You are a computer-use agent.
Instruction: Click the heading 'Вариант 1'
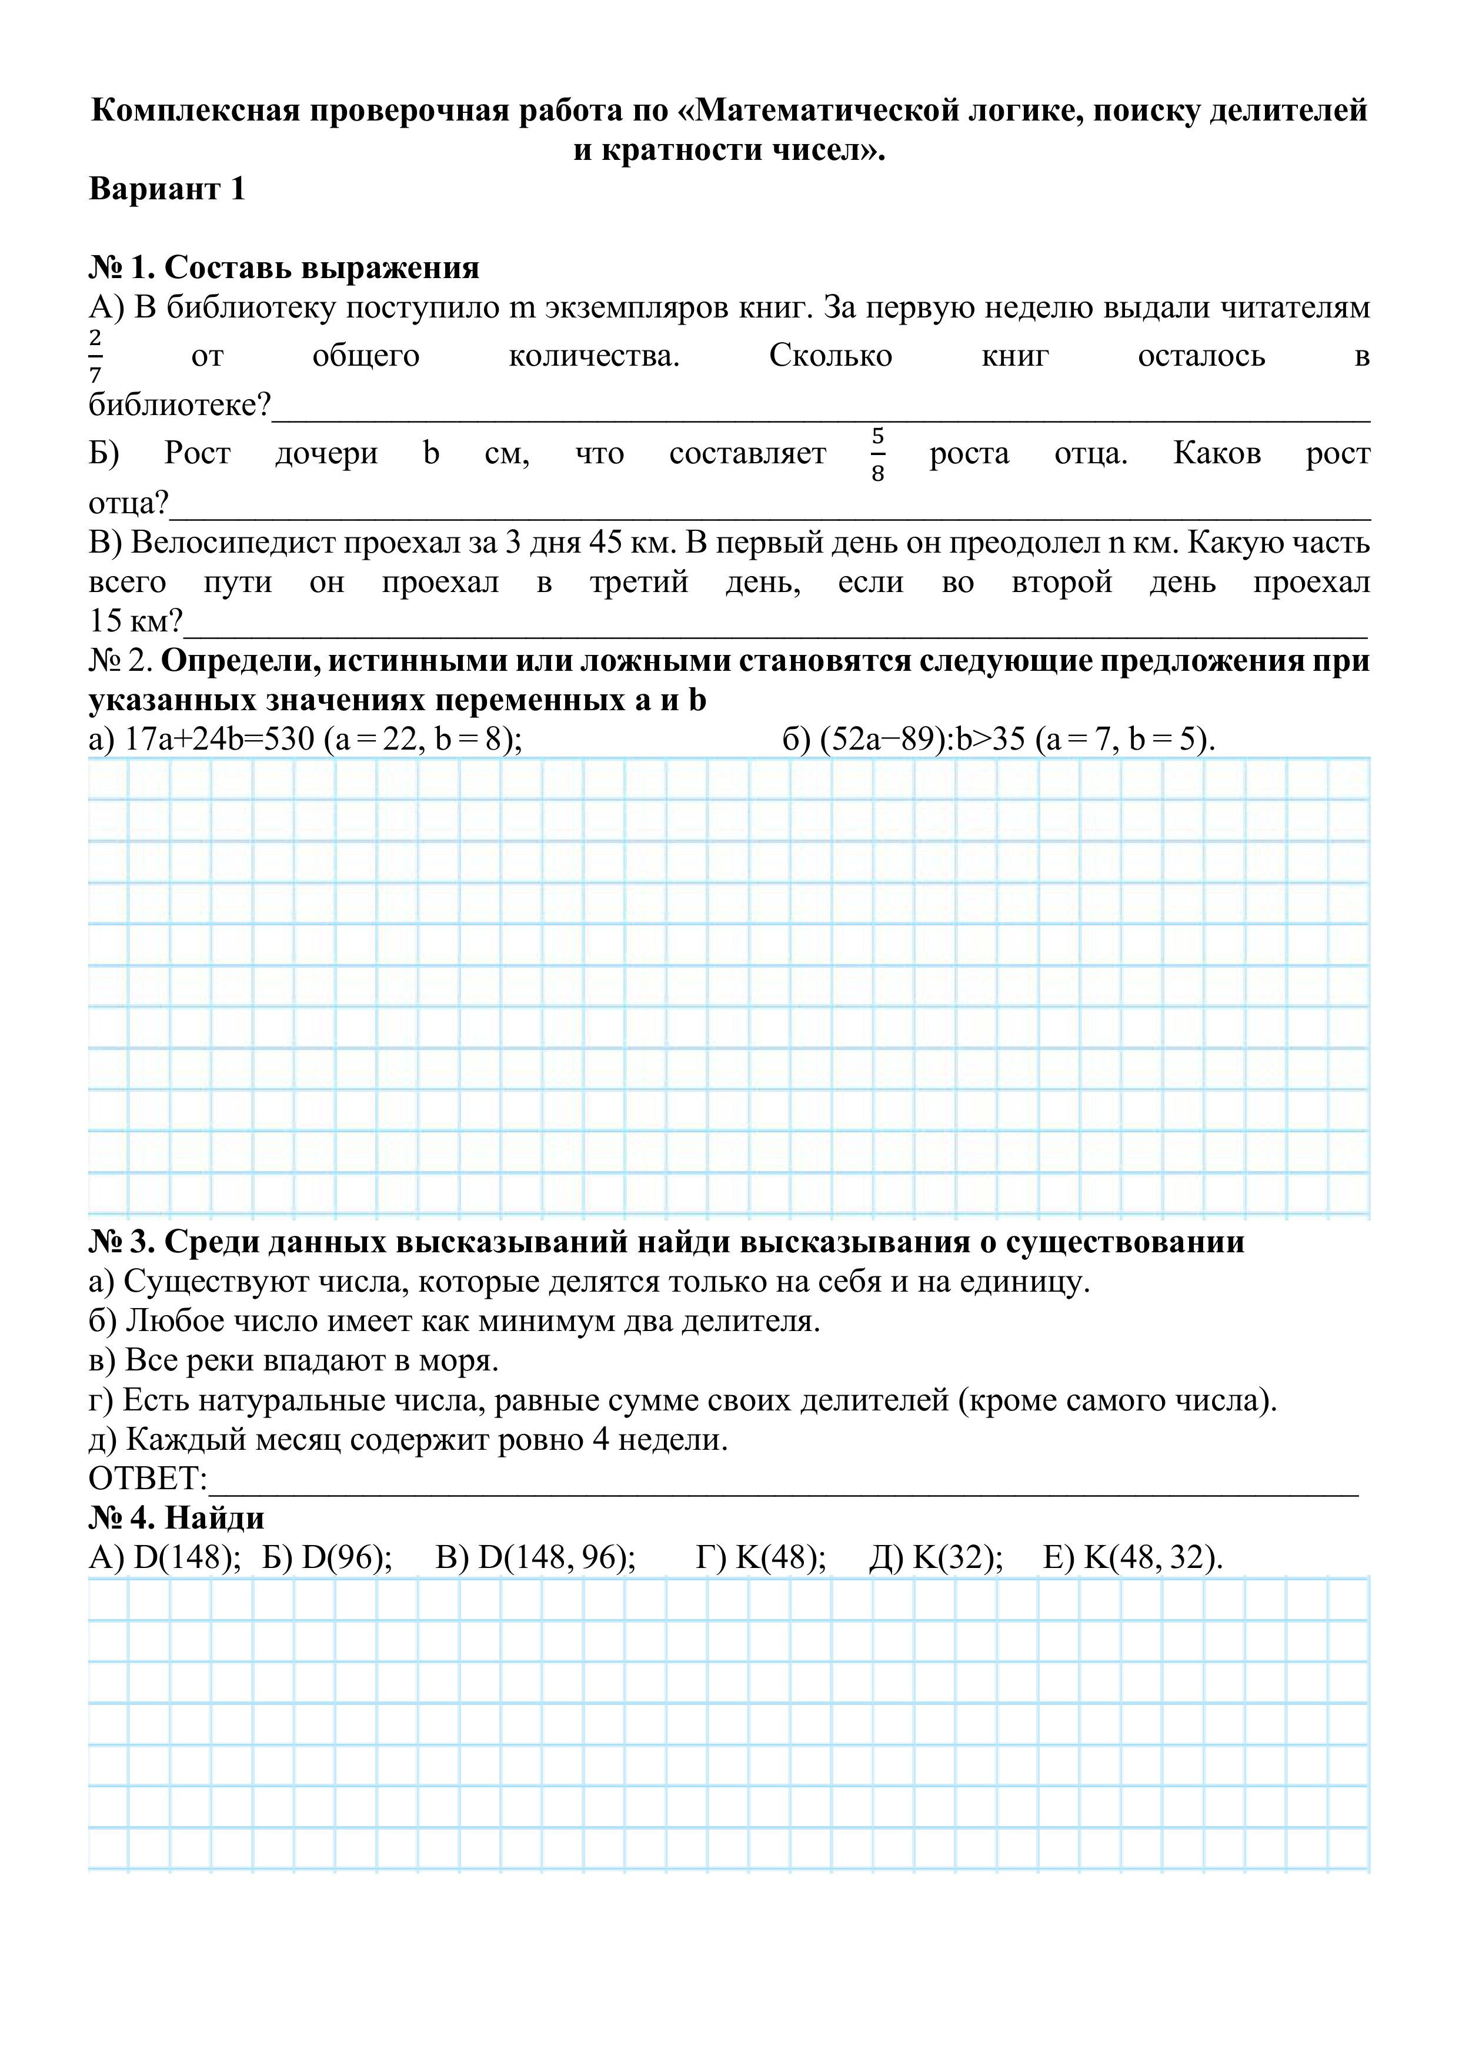167,189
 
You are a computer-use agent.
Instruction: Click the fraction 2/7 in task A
95,356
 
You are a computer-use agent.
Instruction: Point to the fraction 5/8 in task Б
877,454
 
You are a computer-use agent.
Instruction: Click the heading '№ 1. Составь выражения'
284,267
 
